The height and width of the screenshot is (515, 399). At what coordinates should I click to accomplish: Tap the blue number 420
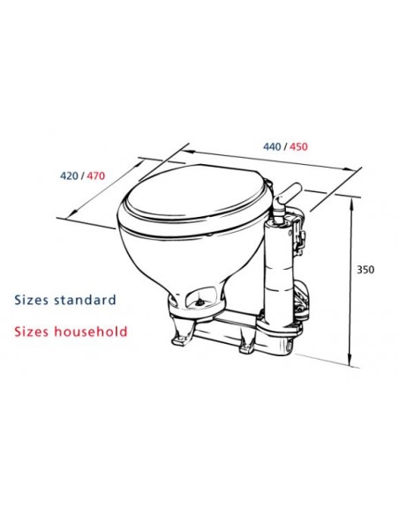pyautogui.click(x=71, y=175)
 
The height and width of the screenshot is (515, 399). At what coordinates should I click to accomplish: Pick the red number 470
pyautogui.click(x=94, y=175)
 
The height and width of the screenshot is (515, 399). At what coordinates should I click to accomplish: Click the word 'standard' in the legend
pyautogui.click(x=84, y=300)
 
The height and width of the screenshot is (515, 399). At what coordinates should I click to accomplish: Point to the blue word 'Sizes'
pyautogui.click(x=31, y=300)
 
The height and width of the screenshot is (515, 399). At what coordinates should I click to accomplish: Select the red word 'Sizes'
pyautogui.click(x=31, y=332)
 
